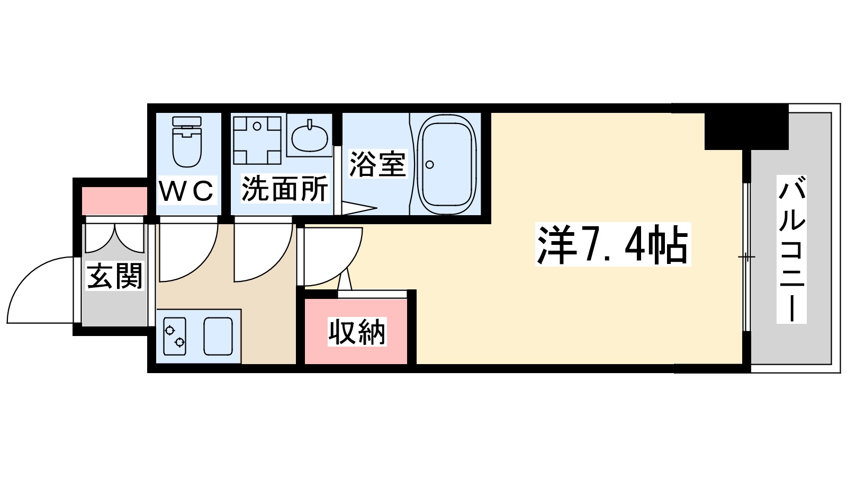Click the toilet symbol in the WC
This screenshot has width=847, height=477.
pos(187,141)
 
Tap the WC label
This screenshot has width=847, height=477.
pos(187,191)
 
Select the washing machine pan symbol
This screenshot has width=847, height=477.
pos(257,140)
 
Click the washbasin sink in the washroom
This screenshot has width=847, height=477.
pos(309,136)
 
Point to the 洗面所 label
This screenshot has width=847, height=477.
pos(285,189)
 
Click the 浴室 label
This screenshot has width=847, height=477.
pos(377,164)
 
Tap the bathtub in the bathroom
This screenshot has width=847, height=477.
pos(447,164)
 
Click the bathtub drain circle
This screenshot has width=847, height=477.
pos(429,164)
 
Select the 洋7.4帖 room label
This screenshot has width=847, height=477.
pos(612,245)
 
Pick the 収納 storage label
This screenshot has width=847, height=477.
pos(357,332)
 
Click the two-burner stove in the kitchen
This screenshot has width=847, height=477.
pos(175,336)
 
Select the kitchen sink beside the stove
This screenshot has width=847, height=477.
pos(218,336)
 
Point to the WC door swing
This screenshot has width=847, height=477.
pos(185,252)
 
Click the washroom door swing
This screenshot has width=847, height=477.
pos(260,252)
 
